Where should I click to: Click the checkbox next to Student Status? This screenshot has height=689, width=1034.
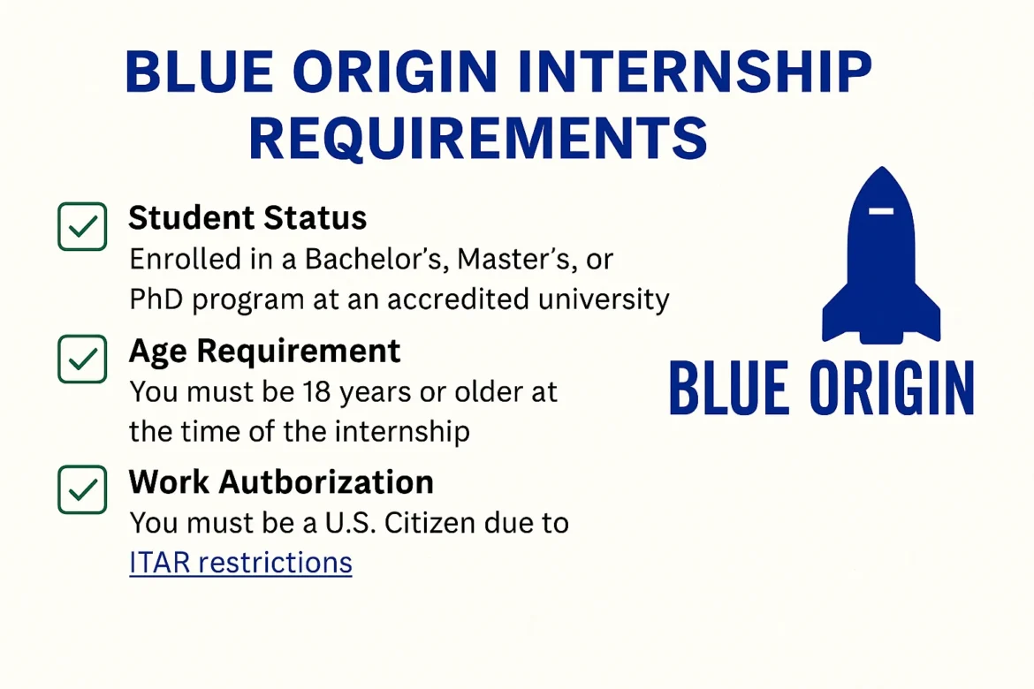point(82,227)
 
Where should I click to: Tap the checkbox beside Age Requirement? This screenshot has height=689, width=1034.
point(82,359)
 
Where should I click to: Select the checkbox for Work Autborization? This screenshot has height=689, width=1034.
point(82,489)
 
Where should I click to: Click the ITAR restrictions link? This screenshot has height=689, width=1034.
point(240,563)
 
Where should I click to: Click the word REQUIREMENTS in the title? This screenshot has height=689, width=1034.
point(478,139)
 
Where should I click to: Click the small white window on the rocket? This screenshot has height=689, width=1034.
point(881,210)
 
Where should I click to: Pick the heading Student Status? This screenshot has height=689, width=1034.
point(247,217)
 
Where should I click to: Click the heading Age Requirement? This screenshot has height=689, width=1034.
point(264,351)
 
